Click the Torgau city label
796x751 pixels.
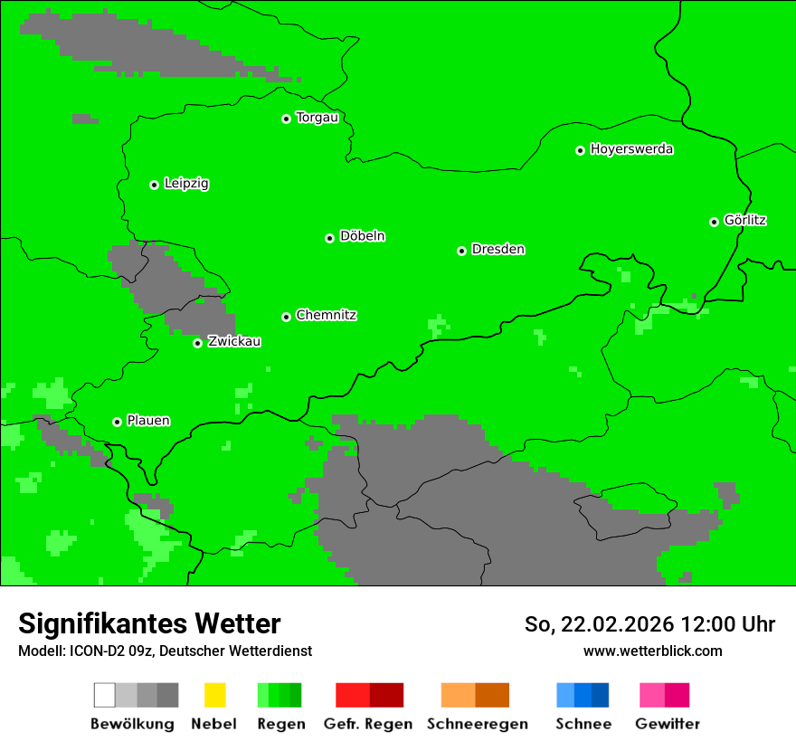(317, 118)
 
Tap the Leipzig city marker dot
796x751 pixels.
(154, 185)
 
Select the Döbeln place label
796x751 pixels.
(362, 236)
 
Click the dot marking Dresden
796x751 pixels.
(461, 251)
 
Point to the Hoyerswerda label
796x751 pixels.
(631, 149)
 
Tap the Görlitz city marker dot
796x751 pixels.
(714, 222)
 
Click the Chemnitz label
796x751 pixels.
(326, 316)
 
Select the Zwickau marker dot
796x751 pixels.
(197, 343)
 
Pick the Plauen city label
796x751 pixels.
(148, 421)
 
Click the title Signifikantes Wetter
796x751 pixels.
(149, 624)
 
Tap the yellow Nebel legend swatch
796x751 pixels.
(214, 695)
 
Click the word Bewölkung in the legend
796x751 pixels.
(132, 724)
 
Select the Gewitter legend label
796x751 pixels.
(668, 724)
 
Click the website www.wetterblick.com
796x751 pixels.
(652, 651)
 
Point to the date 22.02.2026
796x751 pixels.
(618, 624)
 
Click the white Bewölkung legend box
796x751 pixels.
(105, 695)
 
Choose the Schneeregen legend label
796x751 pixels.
(478, 724)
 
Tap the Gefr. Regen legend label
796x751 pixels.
(368, 724)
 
